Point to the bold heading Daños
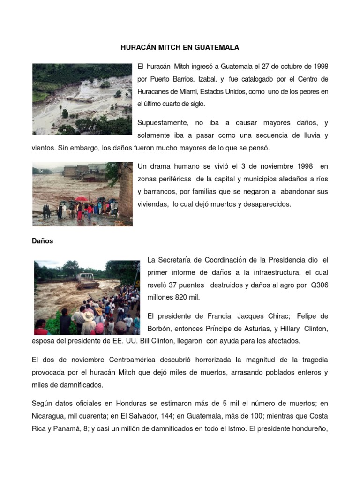(43, 241)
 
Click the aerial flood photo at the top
(82, 99)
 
